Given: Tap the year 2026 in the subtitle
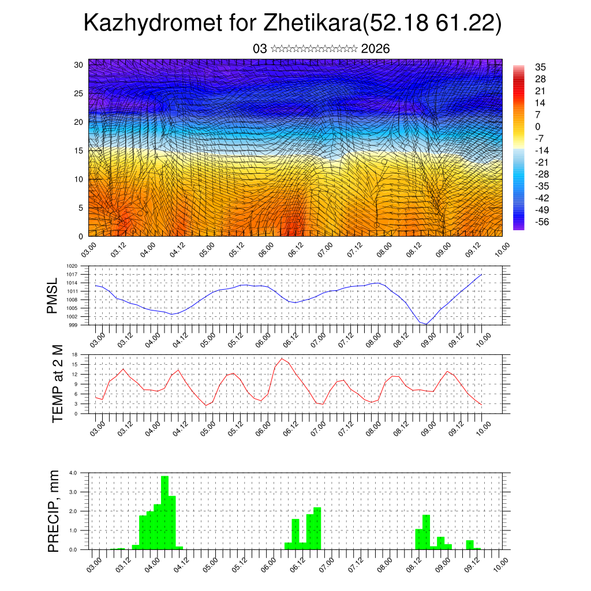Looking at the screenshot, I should [375, 49].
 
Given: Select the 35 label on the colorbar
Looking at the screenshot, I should [541, 67].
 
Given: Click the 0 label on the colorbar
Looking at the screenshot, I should [538, 126].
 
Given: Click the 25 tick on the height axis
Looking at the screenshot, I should [78, 93].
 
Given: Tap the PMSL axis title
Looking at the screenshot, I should [53, 295].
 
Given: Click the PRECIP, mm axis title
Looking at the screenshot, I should [54, 511].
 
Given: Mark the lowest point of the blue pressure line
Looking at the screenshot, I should [426, 324].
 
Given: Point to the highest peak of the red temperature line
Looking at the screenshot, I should [282, 358].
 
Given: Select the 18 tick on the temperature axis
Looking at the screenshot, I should [75, 354].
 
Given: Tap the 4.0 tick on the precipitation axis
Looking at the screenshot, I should [73, 473].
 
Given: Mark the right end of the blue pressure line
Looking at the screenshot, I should [481, 275].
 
